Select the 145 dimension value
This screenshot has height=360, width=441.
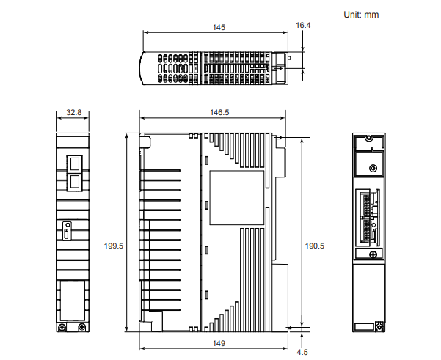point(218,27)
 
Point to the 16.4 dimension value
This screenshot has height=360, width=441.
point(303,25)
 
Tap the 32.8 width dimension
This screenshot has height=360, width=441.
point(73,113)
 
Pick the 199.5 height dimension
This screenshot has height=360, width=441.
point(114,246)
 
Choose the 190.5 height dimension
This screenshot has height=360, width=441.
point(314,246)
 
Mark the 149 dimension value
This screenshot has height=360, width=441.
point(219,343)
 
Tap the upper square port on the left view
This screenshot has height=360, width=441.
point(74,162)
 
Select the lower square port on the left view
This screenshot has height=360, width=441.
point(74,180)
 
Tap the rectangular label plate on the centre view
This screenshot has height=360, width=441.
point(236,198)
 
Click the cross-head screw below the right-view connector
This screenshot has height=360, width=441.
point(374,254)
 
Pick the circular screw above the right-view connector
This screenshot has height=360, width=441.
point(373,169)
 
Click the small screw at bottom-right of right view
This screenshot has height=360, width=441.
point(379,326)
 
